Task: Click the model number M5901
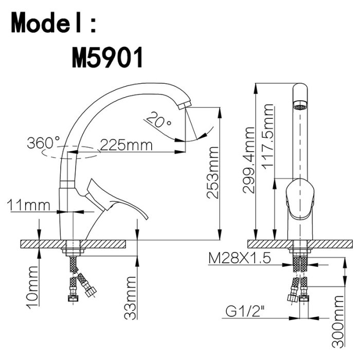[107, 57]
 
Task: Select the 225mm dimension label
[127, 145]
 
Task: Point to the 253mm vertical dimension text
[212, 172]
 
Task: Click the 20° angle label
[158, 120]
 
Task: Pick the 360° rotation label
[43, 142]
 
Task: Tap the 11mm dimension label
[28, 205]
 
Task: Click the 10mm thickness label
[32, 287]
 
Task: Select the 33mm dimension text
[130, 298]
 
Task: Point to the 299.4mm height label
[249, 160]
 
